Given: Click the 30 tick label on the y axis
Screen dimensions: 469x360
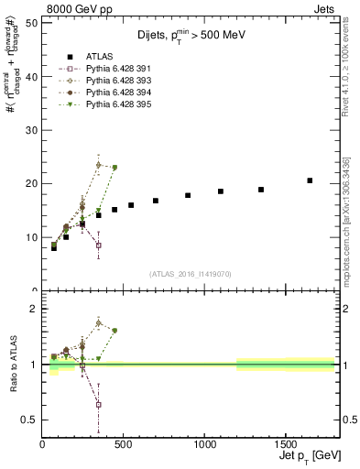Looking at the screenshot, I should coord(32,130).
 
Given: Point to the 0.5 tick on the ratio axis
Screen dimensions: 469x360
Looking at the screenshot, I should coord(30,420).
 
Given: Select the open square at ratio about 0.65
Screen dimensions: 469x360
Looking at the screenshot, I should coord(98,404).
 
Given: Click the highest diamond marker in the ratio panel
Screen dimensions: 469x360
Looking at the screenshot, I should coord(98,322).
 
